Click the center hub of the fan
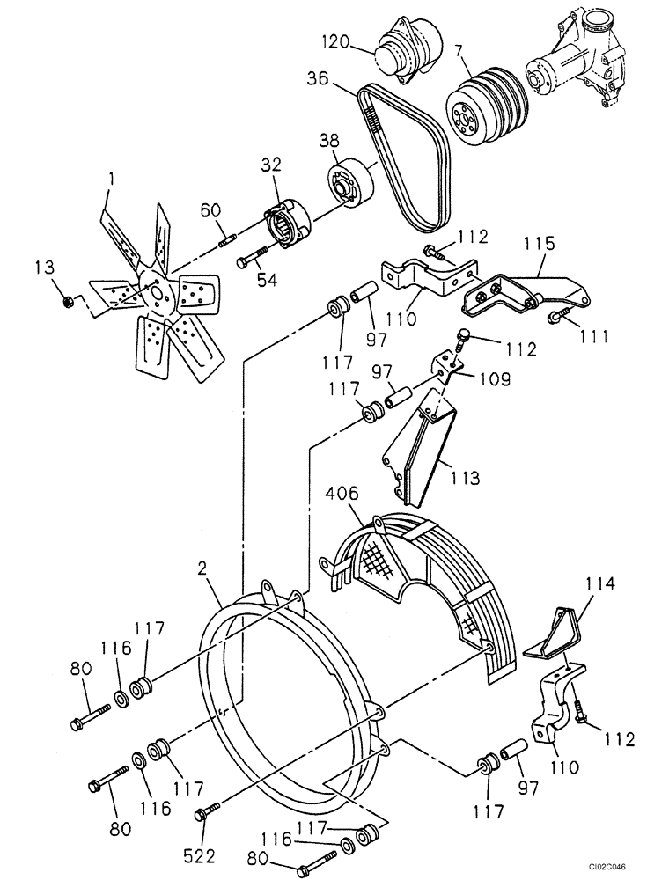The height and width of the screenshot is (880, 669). (156, 293)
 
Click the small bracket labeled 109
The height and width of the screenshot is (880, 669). (450, 366)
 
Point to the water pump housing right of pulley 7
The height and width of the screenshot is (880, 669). (577, 62)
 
